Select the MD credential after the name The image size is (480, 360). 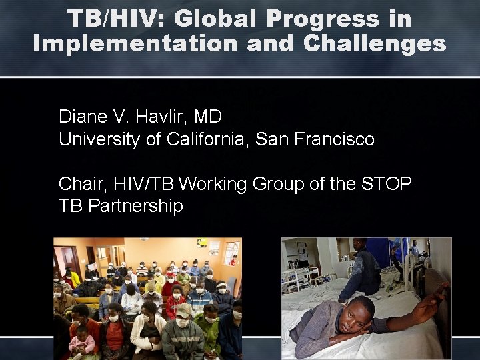(209, 117)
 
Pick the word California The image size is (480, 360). (203, 139)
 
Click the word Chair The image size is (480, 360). (78, 183)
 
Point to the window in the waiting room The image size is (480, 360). (231, 253)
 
